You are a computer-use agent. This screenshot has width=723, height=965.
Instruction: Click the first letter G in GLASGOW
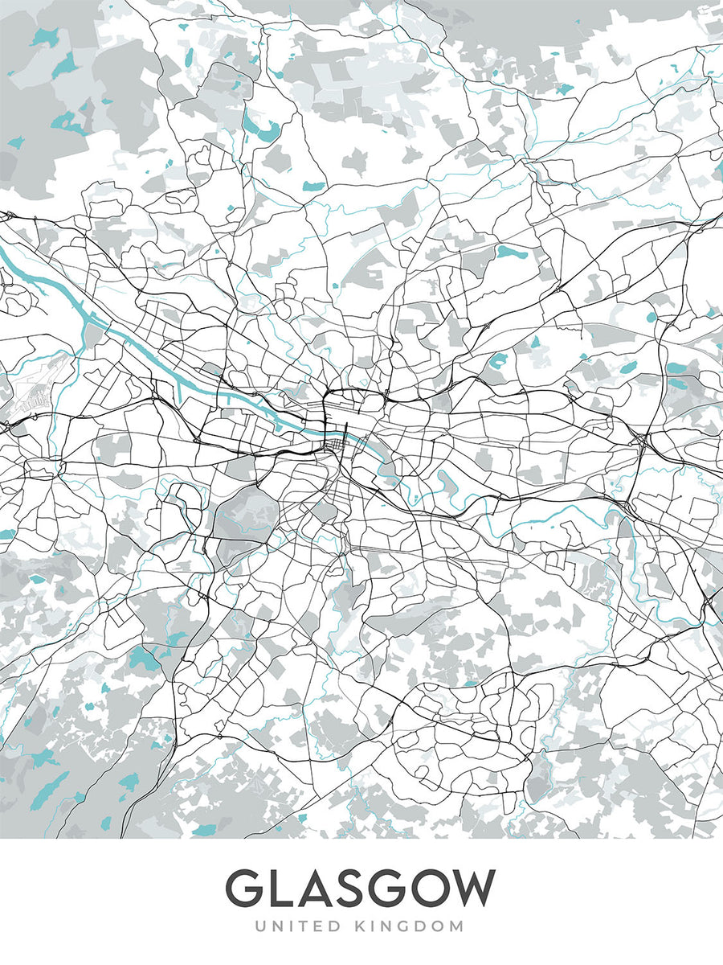click(x=246, y=889)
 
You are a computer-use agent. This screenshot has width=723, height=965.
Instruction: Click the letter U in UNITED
click(x=261, y=926)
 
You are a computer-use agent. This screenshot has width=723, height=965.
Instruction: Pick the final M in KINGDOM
click(x=458, y=926)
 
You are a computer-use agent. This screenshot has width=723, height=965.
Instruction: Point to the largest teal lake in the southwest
click(x=145, y=659)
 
